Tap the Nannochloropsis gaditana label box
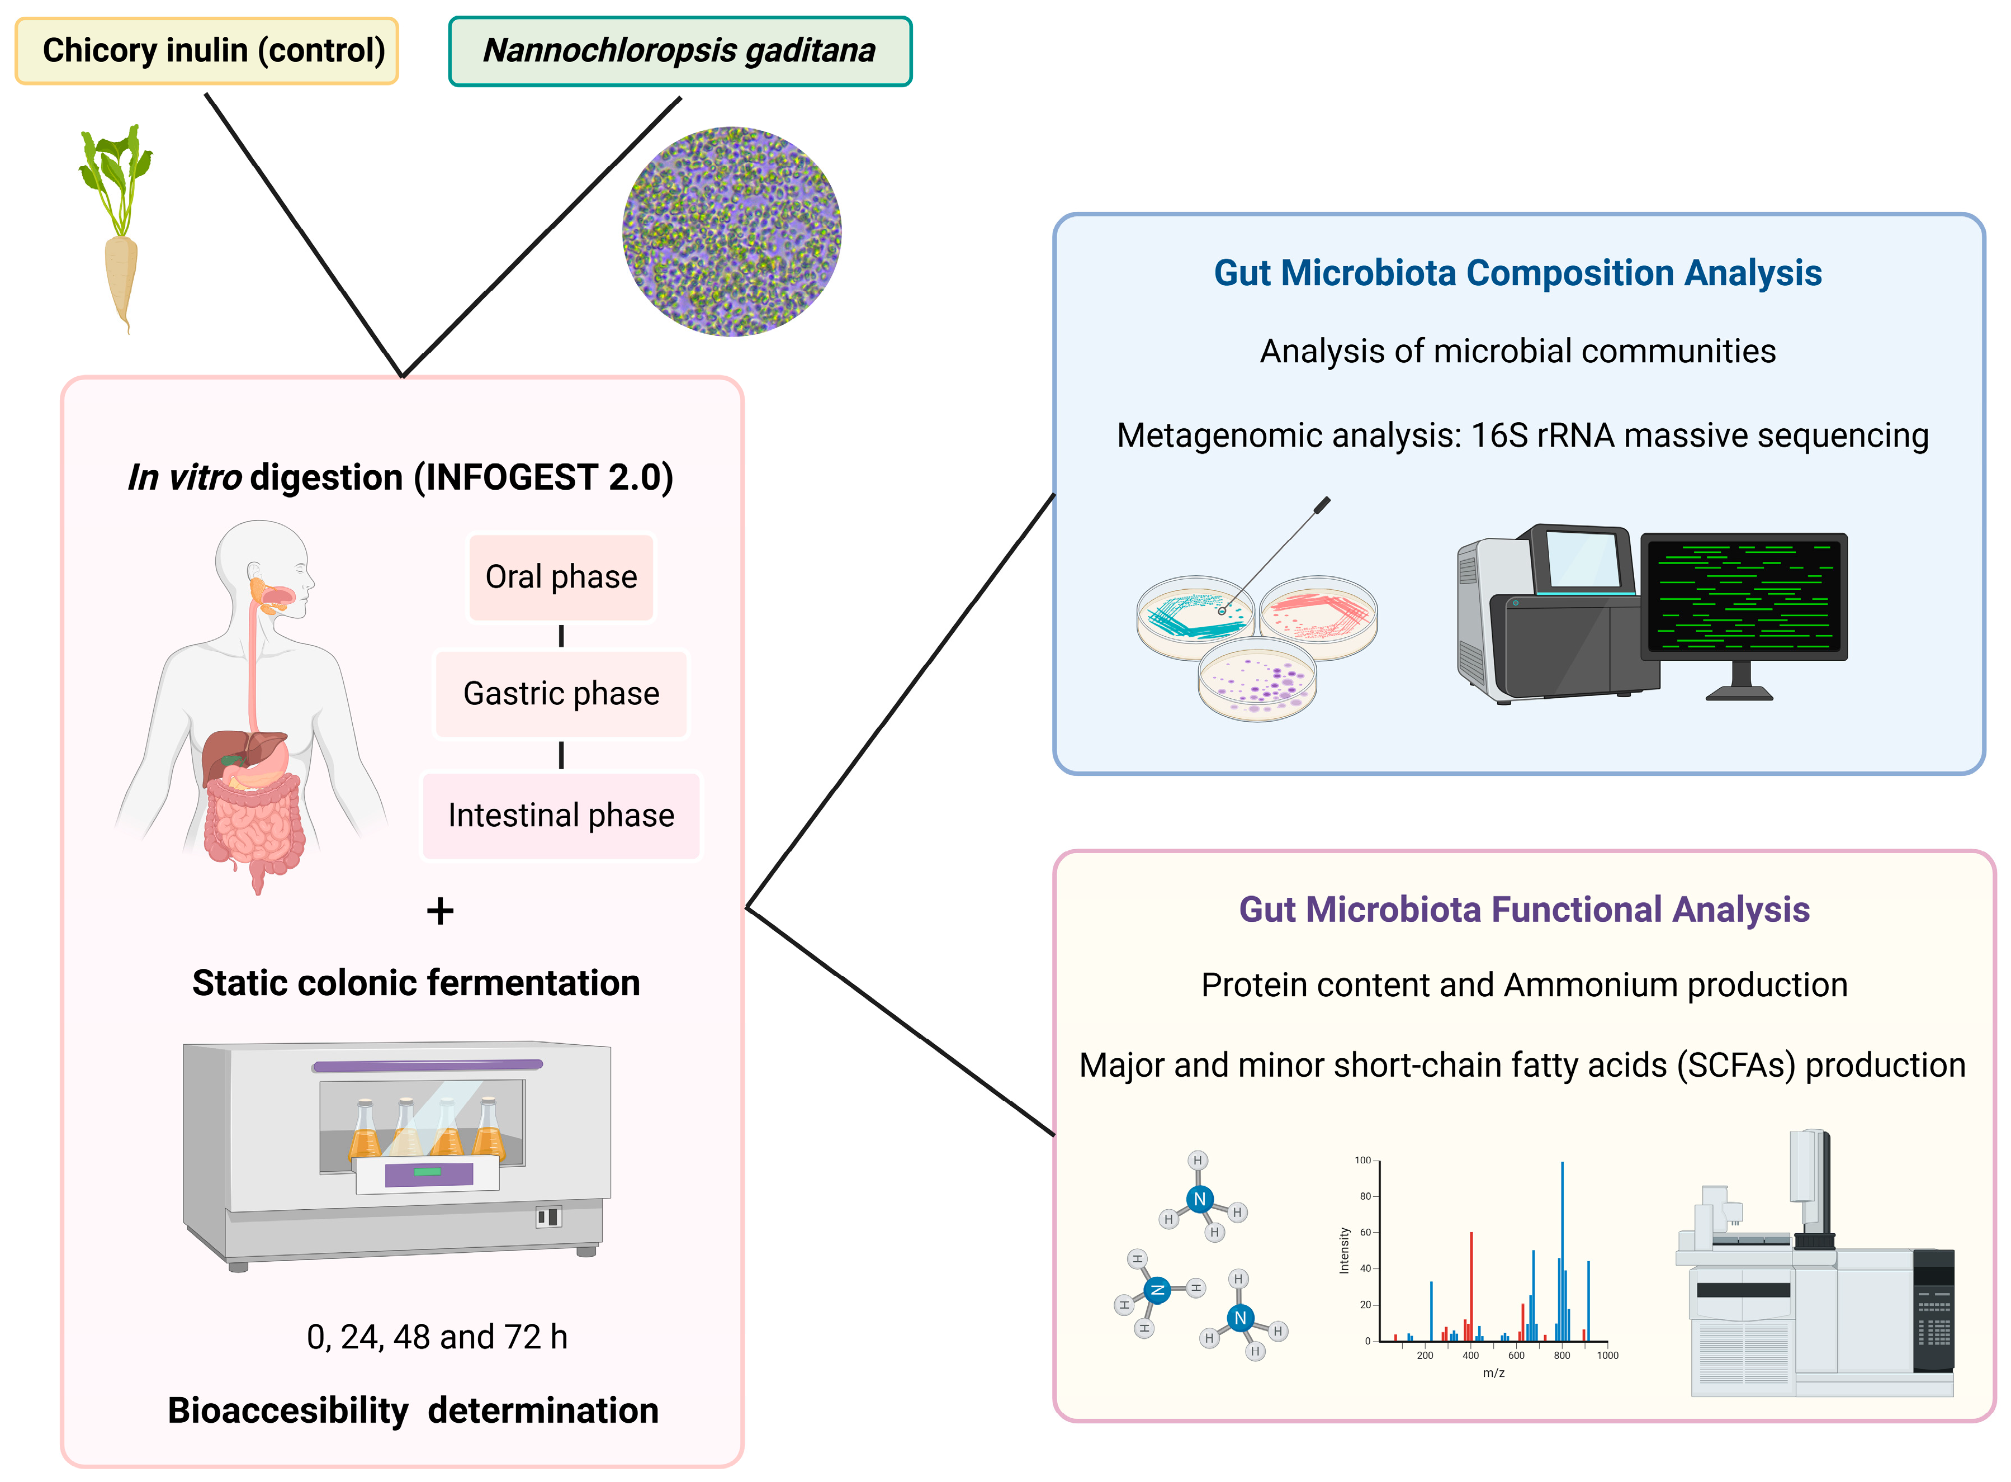pos(679,50)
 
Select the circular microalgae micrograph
pos(731,231)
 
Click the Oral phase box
pos(561,577)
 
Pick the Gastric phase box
pos(561,693)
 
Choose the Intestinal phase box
pos(561,816)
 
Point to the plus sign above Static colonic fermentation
pos(439,911)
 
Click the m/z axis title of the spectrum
pos(1493,1372)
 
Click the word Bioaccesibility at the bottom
pos(287,1411)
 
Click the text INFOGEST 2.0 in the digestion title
pos(543,477)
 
